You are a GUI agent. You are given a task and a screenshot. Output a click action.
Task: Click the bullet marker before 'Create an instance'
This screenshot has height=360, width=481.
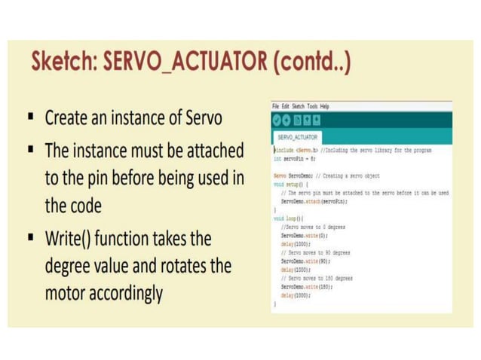(31, 118)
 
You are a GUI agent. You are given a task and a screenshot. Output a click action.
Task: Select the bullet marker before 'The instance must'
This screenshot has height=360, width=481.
(31, 150)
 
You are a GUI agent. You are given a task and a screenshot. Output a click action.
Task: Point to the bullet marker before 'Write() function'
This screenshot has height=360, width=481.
(31, 239)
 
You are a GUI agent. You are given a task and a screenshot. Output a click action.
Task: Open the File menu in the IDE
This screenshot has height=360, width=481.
(276, 106)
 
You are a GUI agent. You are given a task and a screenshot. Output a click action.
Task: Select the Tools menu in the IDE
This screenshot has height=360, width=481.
(312, 106)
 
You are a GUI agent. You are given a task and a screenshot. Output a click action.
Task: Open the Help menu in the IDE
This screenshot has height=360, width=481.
(324, 106)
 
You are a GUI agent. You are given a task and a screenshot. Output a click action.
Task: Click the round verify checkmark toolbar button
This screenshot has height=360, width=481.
(277, 120)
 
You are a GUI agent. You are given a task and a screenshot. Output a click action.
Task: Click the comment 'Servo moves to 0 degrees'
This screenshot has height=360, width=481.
(312, 226)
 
